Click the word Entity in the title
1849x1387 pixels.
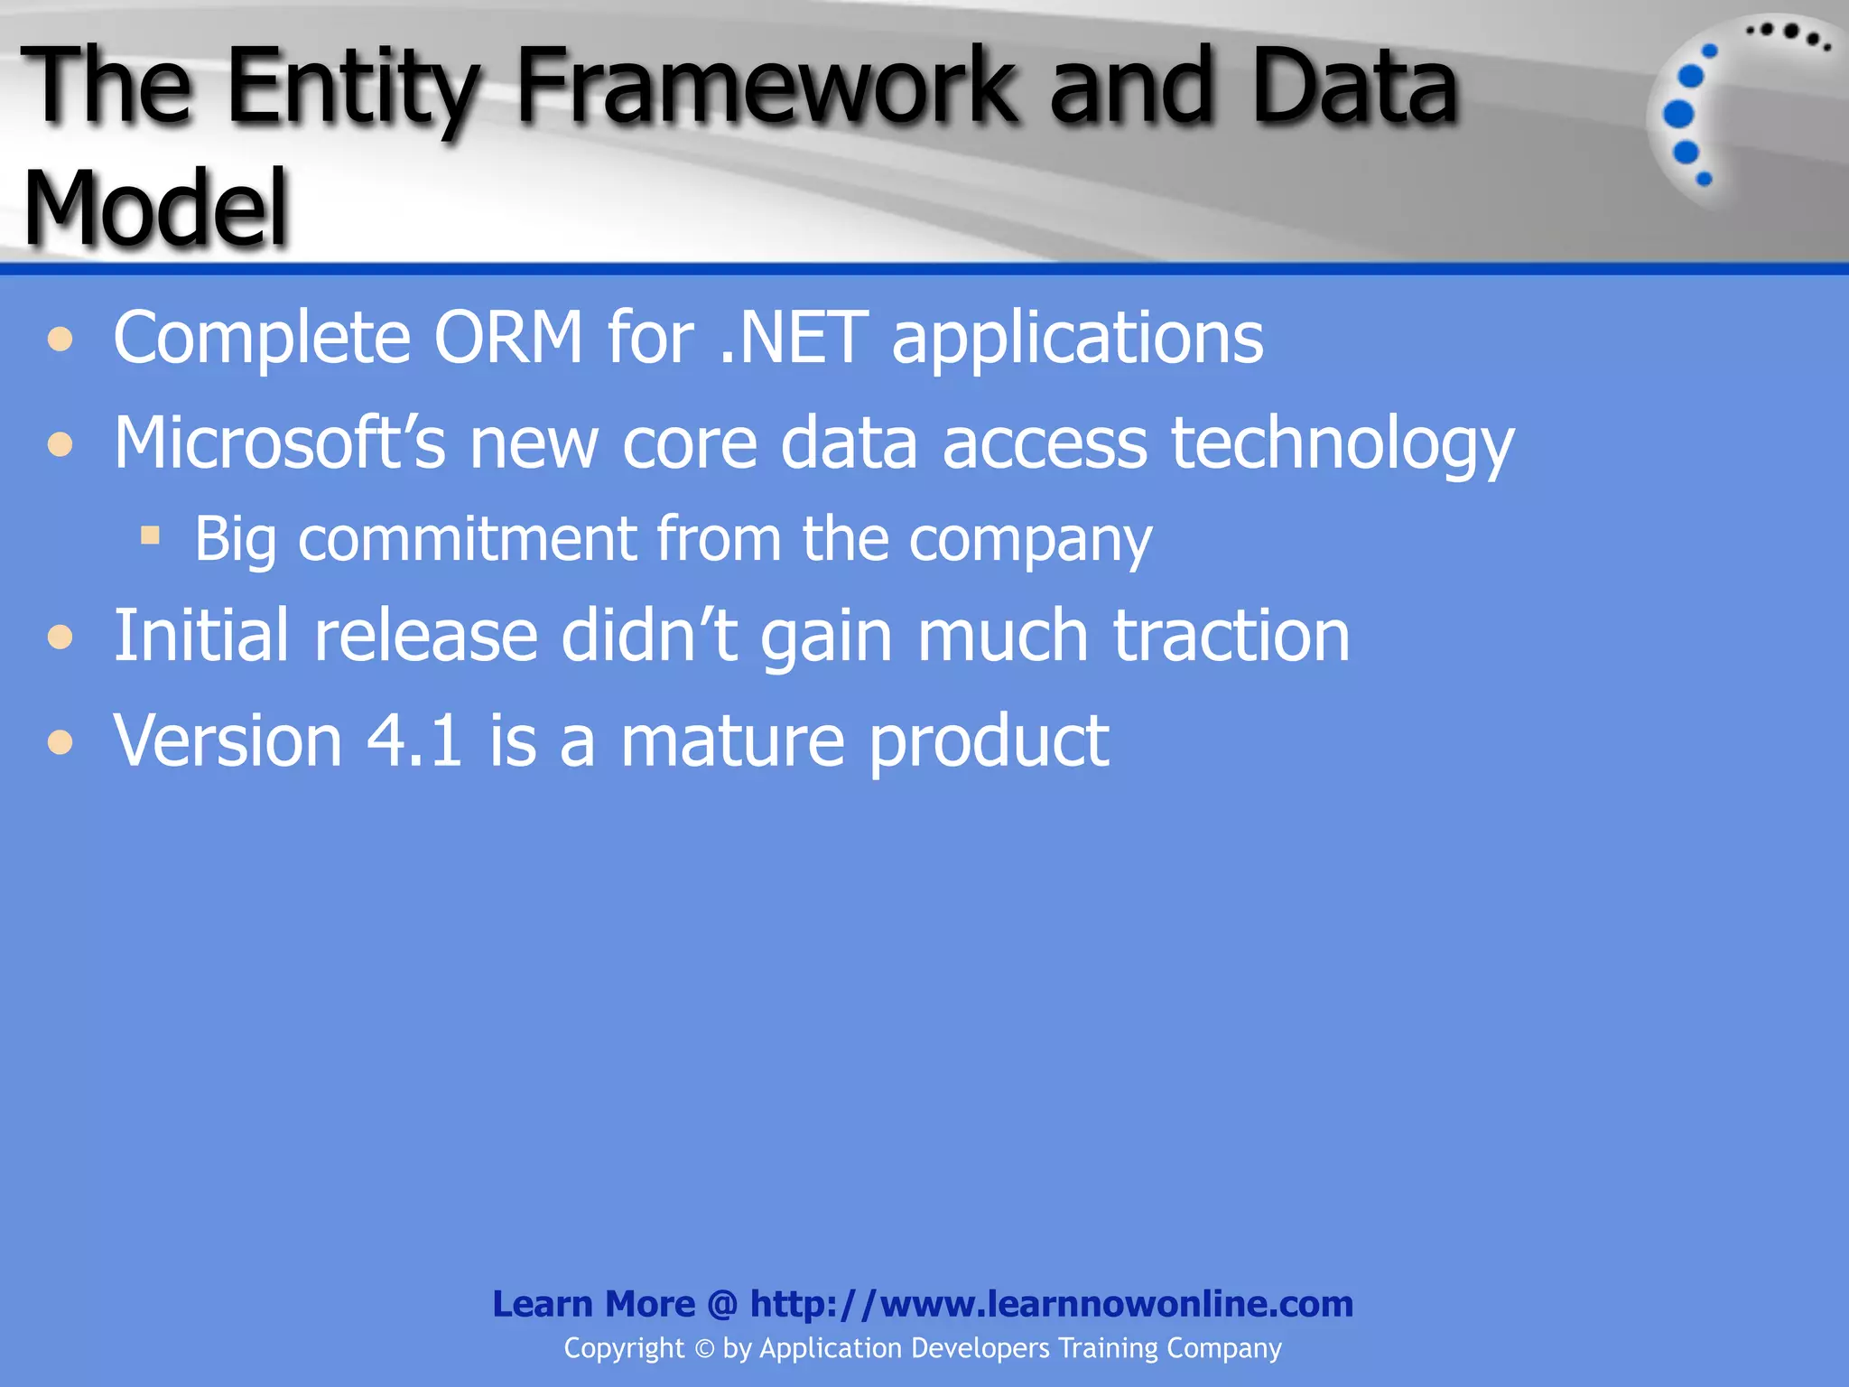coord(352,88)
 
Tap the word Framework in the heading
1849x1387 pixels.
coord(767,87)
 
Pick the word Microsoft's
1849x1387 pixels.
coord(279,442)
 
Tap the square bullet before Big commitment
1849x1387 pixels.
coord(150,536)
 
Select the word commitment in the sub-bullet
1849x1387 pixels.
coord(466,539)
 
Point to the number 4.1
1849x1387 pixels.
coord(415,740)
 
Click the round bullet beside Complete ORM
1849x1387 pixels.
coord(60,340)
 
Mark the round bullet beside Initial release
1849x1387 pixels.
coord(60,638)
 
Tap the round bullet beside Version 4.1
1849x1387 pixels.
coord(60,742)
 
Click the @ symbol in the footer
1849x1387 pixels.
coord(722,1304)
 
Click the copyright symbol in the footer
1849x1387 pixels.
coord(704,1349)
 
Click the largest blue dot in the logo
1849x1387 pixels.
coord(1678,115)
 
